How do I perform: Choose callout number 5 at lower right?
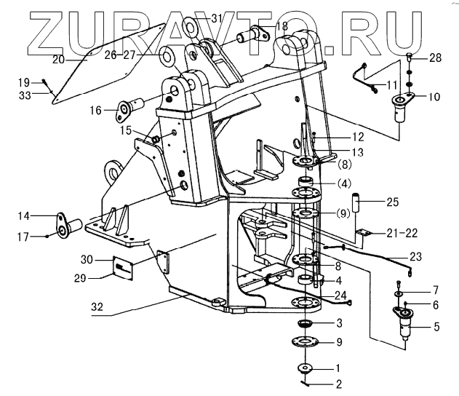(x=436, y=326)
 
